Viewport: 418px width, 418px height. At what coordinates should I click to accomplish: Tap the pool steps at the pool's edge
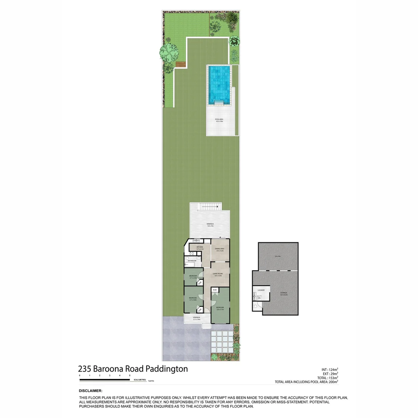point(218,102)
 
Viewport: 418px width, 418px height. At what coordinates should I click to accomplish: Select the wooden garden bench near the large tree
point(181,64)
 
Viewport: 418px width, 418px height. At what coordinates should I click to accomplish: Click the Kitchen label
point(200,247)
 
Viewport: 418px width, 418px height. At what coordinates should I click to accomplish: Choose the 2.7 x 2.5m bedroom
point(193,277)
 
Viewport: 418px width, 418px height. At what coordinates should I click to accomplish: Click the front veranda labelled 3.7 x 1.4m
point(197,318)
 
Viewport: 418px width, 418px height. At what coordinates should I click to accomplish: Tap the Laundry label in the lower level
point(260,290)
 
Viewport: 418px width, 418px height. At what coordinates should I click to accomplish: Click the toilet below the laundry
point(255,306)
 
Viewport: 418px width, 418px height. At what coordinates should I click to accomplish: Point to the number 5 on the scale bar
point(130,376)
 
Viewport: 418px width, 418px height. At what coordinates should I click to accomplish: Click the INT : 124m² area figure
point(330,369)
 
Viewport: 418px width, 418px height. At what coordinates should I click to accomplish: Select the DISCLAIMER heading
point(91,391)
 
